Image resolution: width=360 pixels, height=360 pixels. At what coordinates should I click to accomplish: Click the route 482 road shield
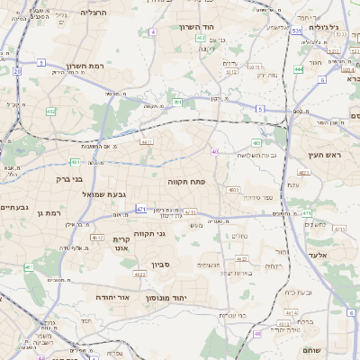pos(50,112)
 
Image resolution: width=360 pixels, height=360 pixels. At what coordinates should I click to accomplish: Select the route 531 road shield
pos(297,31)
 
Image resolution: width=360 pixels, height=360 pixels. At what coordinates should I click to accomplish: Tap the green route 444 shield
pos(298,68)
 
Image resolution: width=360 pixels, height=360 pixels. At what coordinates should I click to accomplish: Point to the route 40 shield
pos(214,151)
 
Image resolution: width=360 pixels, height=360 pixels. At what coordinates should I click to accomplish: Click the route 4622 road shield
pos(139,274)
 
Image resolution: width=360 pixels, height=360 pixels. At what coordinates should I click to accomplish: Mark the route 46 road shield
pos(257,333)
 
